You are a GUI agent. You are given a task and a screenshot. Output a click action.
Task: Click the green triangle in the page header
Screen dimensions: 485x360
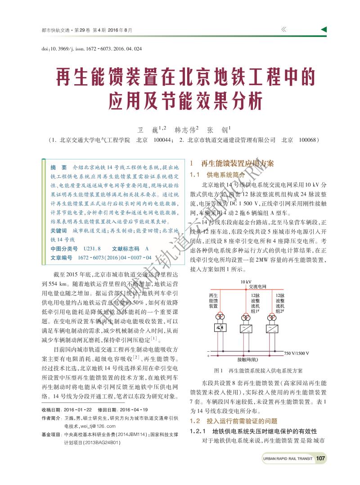pos(324,30)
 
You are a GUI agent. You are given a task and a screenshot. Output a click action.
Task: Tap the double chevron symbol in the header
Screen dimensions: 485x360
pos(283,30)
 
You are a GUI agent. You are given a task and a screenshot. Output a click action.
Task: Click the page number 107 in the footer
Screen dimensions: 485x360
pos(320,458)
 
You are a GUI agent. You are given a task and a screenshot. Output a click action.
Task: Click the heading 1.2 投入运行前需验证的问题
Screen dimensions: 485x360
pos(234,421)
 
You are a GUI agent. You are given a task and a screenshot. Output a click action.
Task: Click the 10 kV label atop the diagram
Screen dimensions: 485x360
pos(239,282)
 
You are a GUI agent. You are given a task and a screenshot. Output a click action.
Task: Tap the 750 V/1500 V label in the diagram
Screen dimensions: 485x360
pos(297,353)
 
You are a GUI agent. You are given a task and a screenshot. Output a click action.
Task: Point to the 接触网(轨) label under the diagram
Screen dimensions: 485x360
pos(247,359)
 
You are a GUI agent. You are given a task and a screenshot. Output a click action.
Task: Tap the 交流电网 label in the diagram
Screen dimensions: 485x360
pos(258,286)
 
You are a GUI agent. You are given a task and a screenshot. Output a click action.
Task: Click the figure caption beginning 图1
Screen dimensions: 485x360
pos(258,371)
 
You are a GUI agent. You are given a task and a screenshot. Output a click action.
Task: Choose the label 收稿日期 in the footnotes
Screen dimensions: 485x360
pos(50,410)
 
